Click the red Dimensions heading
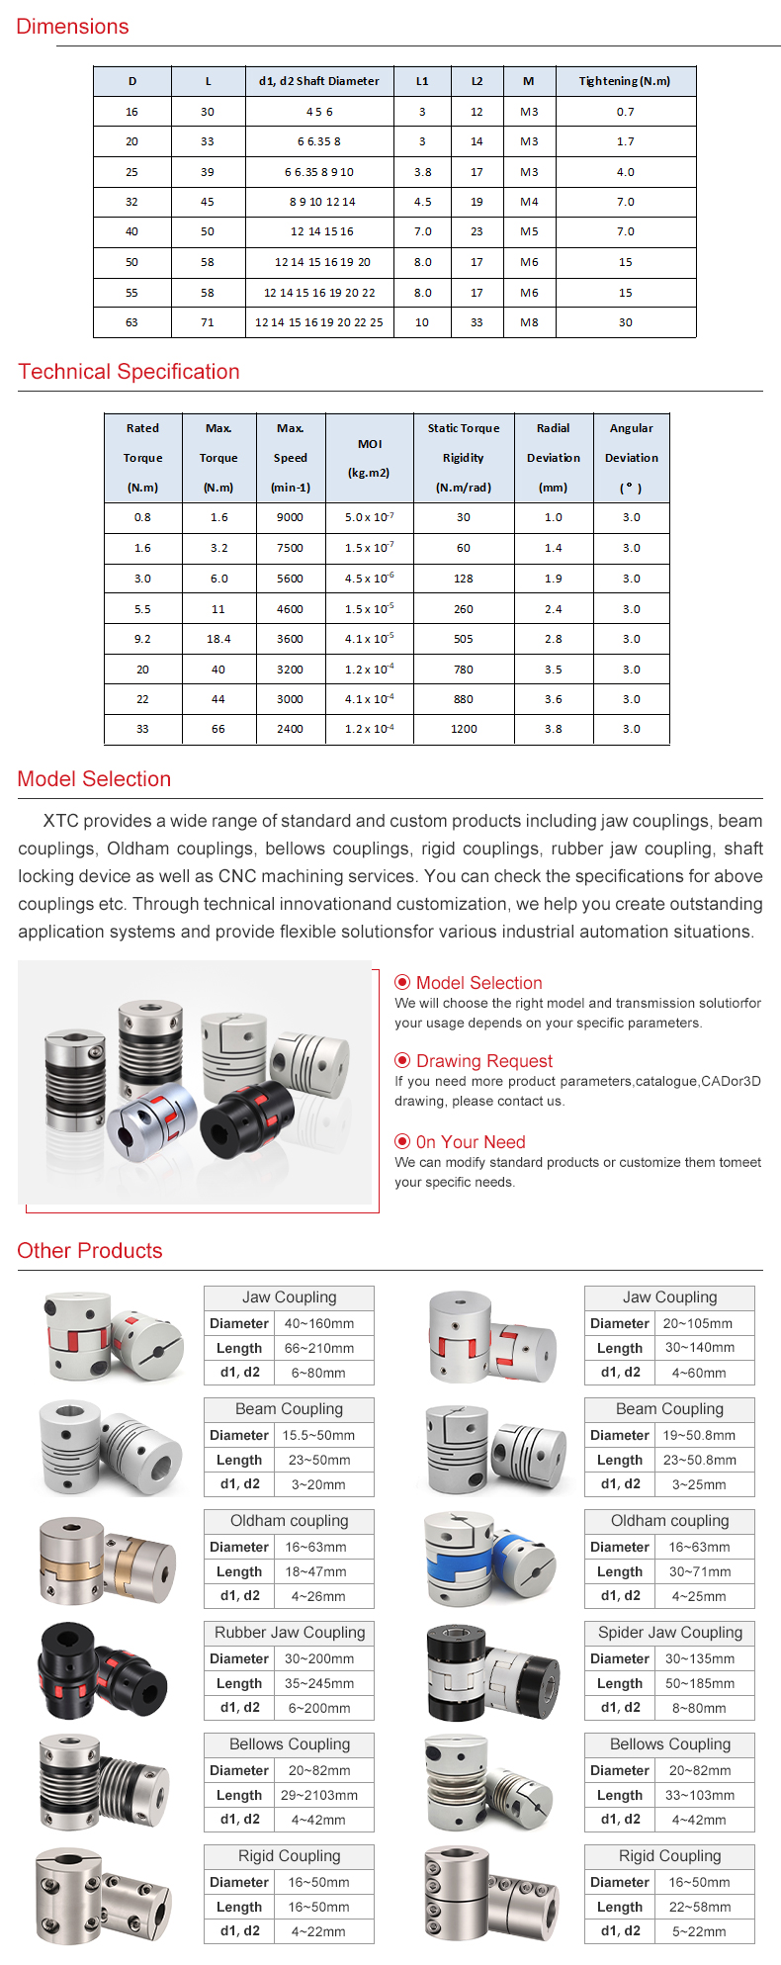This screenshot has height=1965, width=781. click(x=72, y=27)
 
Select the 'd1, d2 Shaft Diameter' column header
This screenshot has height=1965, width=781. click(x=318, y=81)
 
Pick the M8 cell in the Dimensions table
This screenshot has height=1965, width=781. click(x=529, y=322)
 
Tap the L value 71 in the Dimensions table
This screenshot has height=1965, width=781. click(x=208, y=322)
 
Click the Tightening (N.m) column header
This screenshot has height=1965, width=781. click(x=625, y=81)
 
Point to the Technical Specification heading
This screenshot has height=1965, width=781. click(x=129, y=372)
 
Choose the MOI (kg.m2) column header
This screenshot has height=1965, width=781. click(x=369, y=458)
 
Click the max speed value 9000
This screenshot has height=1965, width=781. click(x=290, y=517)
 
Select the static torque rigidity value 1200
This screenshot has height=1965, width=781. click(x=464, y=729)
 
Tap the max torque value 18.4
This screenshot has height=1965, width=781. click(x=218, y=639)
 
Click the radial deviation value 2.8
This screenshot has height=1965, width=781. click(x=553, y=639)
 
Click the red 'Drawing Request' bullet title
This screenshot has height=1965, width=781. click(x=483, y=1061)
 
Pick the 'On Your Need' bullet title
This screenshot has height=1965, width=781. click(x=470, y=1142)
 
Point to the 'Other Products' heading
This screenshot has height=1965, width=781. click(x=90, y=1251)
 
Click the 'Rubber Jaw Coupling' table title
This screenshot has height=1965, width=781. click(x=290, y=1633)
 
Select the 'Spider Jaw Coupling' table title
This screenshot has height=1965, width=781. click(x=669, y=1633)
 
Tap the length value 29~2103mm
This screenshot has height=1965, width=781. click(x=319, y=1795)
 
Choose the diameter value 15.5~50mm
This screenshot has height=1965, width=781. click(x=318, y=1435)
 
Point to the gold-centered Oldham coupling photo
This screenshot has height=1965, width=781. click(x=107, y=1561)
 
